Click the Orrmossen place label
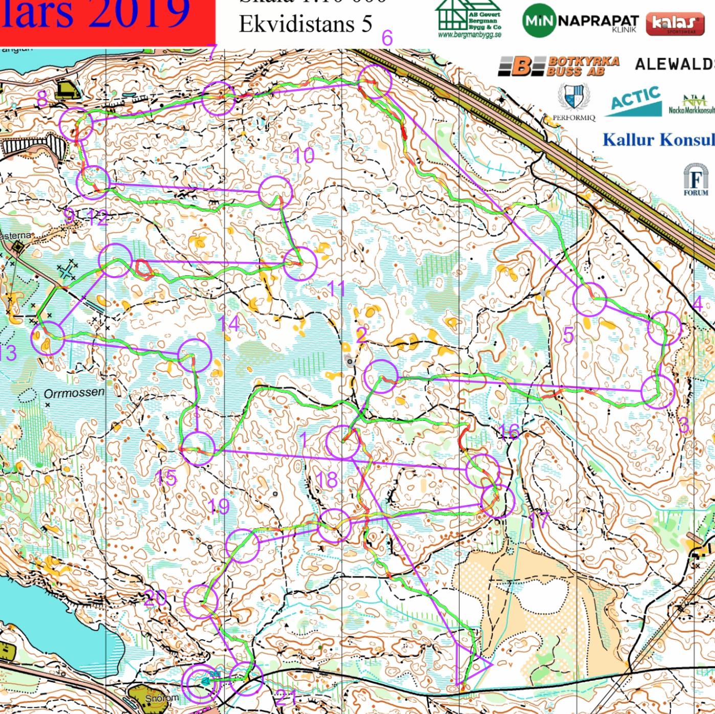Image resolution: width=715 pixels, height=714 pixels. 74,393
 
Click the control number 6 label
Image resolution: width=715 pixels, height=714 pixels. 387,38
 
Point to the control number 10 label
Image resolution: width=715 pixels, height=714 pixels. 303,155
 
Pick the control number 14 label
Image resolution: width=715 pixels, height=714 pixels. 229,323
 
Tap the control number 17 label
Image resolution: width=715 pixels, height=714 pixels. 539,521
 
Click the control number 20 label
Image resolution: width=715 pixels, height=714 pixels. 155,597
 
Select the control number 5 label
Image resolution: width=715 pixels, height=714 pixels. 568,336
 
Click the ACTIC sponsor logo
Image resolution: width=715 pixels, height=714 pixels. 636,101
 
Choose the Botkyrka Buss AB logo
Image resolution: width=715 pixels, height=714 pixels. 559,66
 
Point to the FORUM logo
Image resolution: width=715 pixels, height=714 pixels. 696,179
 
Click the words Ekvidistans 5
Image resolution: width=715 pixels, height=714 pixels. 305,24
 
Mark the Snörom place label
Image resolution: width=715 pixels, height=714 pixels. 162,698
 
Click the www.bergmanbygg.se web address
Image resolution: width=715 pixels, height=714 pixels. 470,35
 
